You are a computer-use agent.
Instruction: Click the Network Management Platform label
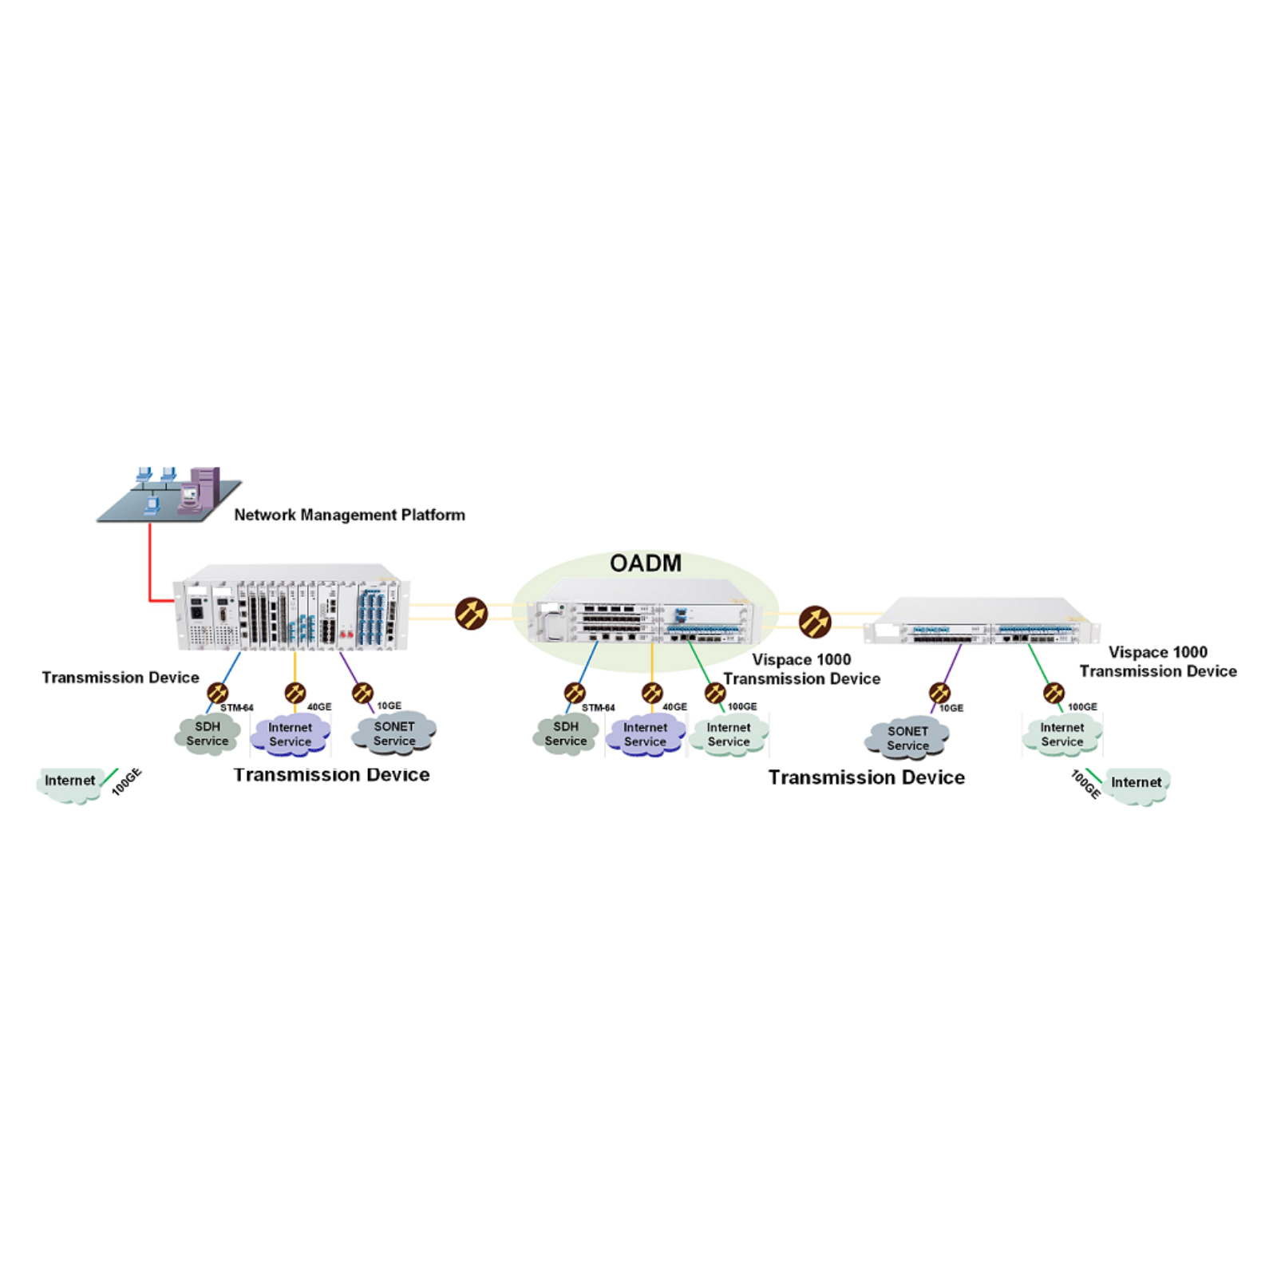pyautogui.click(x=350, y=515)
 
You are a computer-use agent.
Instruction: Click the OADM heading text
pyautogui.click(x=646, y=563)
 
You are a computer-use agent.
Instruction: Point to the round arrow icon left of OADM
pyautogui.click(x=471, y=613)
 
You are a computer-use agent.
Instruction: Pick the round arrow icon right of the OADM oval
pyautogui.click(x=815, y=622)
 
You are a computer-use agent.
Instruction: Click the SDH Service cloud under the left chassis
pyautogui.click(x=208, y=733)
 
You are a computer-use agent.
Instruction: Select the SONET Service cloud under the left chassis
pyautogui.click(x=394, y=733)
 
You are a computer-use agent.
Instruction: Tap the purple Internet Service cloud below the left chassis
pyautogui.click(x=290, y=734)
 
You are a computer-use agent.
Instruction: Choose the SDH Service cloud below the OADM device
pyautogui.click(x=566, y=733)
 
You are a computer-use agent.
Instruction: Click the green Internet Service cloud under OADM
pyautogui.click(x=728, y=735)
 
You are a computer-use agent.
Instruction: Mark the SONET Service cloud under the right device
pyautogui.click(x=907, y=738)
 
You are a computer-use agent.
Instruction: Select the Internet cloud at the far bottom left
pyautogui.click(x=70, y=784)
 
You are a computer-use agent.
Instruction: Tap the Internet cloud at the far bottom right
pyautogui.click(x=1137, y=785)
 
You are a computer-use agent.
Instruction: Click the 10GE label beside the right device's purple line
pyautogui.click(x=951, y=708)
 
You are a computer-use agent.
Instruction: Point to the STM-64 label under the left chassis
pyautogui.click(x=237, y=708)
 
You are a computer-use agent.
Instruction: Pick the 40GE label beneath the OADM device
pyautogui.click(x=674, y=707)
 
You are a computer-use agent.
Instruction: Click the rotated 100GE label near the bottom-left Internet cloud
pyautogui.click(x=126, y=781)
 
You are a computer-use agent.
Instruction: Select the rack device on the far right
pyautogui.click(x=982, y=621)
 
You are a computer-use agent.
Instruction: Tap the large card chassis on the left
pyautogui.click(x=292, y=607)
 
